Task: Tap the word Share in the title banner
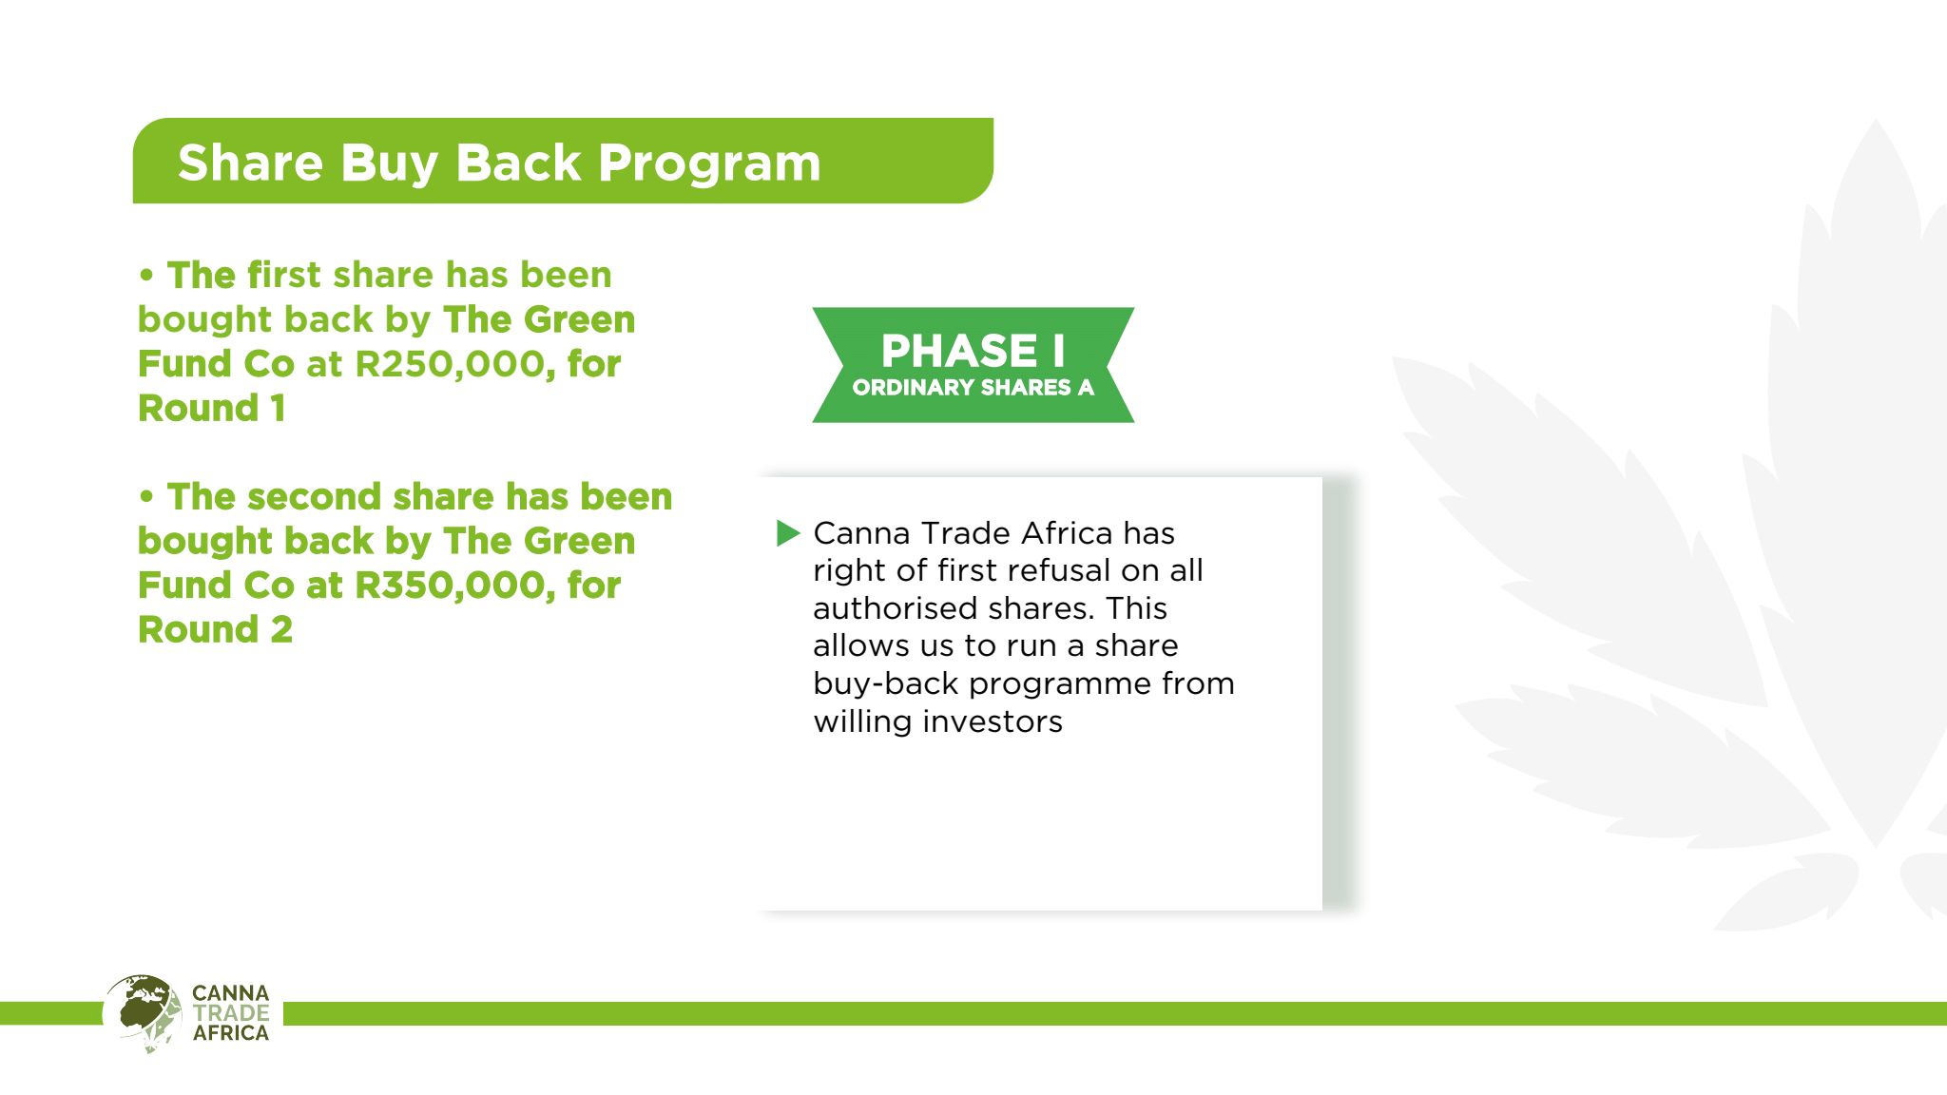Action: (x=251, y=163)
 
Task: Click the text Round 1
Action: (x=212, y=409)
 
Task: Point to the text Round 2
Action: (x=215, y=630)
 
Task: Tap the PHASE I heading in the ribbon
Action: (x=973, y=351)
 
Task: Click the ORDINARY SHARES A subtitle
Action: (x=973, y=388)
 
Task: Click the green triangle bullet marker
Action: (x=788, y=533)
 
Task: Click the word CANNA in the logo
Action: (x=231, y=993)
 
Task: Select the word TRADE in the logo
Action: (x=231, y=1013)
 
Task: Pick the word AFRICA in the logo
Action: (x=231, y=1033)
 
